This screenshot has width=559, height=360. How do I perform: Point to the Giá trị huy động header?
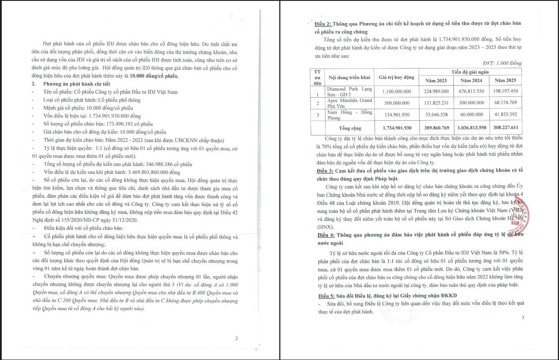[396, 77]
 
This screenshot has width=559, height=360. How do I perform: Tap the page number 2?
[236, 338]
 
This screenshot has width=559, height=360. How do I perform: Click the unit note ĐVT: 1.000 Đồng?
[502, 63]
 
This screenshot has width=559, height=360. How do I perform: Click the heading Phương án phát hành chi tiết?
[76, 84]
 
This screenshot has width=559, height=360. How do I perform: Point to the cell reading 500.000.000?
[396, 103]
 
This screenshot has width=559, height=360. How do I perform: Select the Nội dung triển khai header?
[349, 77]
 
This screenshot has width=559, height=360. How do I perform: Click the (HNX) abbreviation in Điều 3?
[325, 227]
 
